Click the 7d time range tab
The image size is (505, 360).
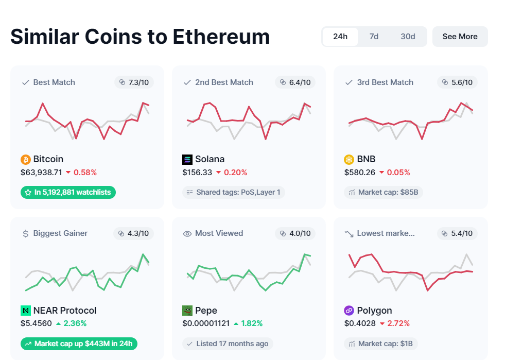374,37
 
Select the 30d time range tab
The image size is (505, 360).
408,37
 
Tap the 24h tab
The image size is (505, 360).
340,37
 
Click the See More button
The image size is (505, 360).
460,37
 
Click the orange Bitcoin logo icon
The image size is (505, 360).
26,159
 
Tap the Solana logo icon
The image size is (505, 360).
187,159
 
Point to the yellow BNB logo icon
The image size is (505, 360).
349,159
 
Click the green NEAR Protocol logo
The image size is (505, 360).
26,311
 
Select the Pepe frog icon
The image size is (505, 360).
187,311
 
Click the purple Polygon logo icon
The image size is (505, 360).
349,311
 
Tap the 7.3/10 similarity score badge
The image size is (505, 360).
134,82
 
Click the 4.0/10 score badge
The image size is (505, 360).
295,233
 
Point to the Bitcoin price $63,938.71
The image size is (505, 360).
41,173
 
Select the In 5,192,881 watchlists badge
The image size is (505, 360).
68,193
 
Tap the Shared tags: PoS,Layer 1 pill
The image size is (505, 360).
234,193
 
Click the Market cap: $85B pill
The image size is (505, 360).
384,193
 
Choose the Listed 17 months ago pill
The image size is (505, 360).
228,344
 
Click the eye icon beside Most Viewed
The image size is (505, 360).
187,234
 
